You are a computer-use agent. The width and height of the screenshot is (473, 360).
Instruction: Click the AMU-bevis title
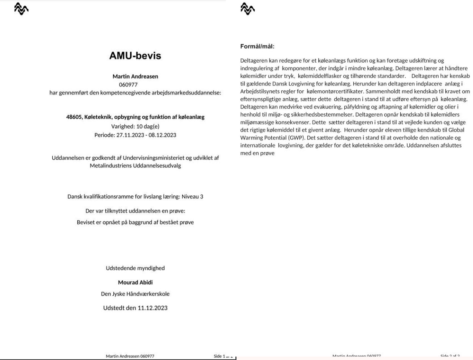coord(135,56)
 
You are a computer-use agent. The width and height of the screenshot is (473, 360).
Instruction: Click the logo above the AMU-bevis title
coord(21,9)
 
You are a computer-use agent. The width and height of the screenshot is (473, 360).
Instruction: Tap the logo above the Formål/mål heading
coord(247,9)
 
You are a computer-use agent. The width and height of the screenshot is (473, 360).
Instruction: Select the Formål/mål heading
coord(257,47)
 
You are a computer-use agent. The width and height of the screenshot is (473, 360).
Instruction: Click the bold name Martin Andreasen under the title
coord(135,76)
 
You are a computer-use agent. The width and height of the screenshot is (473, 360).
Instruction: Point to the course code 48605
coord(74,117)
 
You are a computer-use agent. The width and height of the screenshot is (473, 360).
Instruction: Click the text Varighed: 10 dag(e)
coord(135,126)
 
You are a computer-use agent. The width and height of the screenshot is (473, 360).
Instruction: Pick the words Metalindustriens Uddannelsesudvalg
coord(135,166)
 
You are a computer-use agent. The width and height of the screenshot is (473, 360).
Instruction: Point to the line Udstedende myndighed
coord(135,268)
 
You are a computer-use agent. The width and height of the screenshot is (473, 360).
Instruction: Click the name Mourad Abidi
coord(135,283)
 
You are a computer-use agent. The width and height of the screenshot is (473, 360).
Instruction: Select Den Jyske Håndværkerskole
coord(135,294)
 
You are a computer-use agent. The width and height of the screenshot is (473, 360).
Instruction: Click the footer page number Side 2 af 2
coord(450,356)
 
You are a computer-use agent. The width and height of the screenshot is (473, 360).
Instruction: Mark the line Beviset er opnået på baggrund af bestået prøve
coord(135,222)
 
